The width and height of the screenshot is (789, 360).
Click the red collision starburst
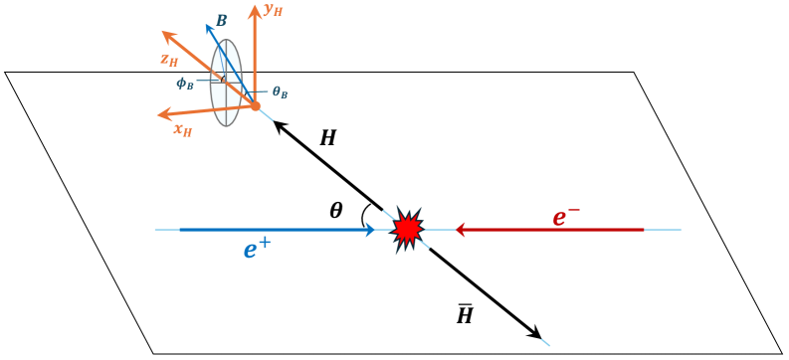407,230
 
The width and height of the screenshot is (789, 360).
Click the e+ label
257,250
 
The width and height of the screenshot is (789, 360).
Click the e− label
565,217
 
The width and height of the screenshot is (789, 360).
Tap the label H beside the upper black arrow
327,139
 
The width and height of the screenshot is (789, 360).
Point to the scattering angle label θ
336,210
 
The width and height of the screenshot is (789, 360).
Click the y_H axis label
274,11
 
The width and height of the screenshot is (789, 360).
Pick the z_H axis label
170,59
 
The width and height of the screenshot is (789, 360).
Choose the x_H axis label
182,128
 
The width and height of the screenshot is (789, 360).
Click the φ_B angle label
186,83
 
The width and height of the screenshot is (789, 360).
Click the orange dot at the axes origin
255,105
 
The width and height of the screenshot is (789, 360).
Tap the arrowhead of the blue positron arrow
370,230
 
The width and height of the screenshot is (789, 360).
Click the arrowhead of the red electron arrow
462,230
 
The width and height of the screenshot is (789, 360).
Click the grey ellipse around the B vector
226,84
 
